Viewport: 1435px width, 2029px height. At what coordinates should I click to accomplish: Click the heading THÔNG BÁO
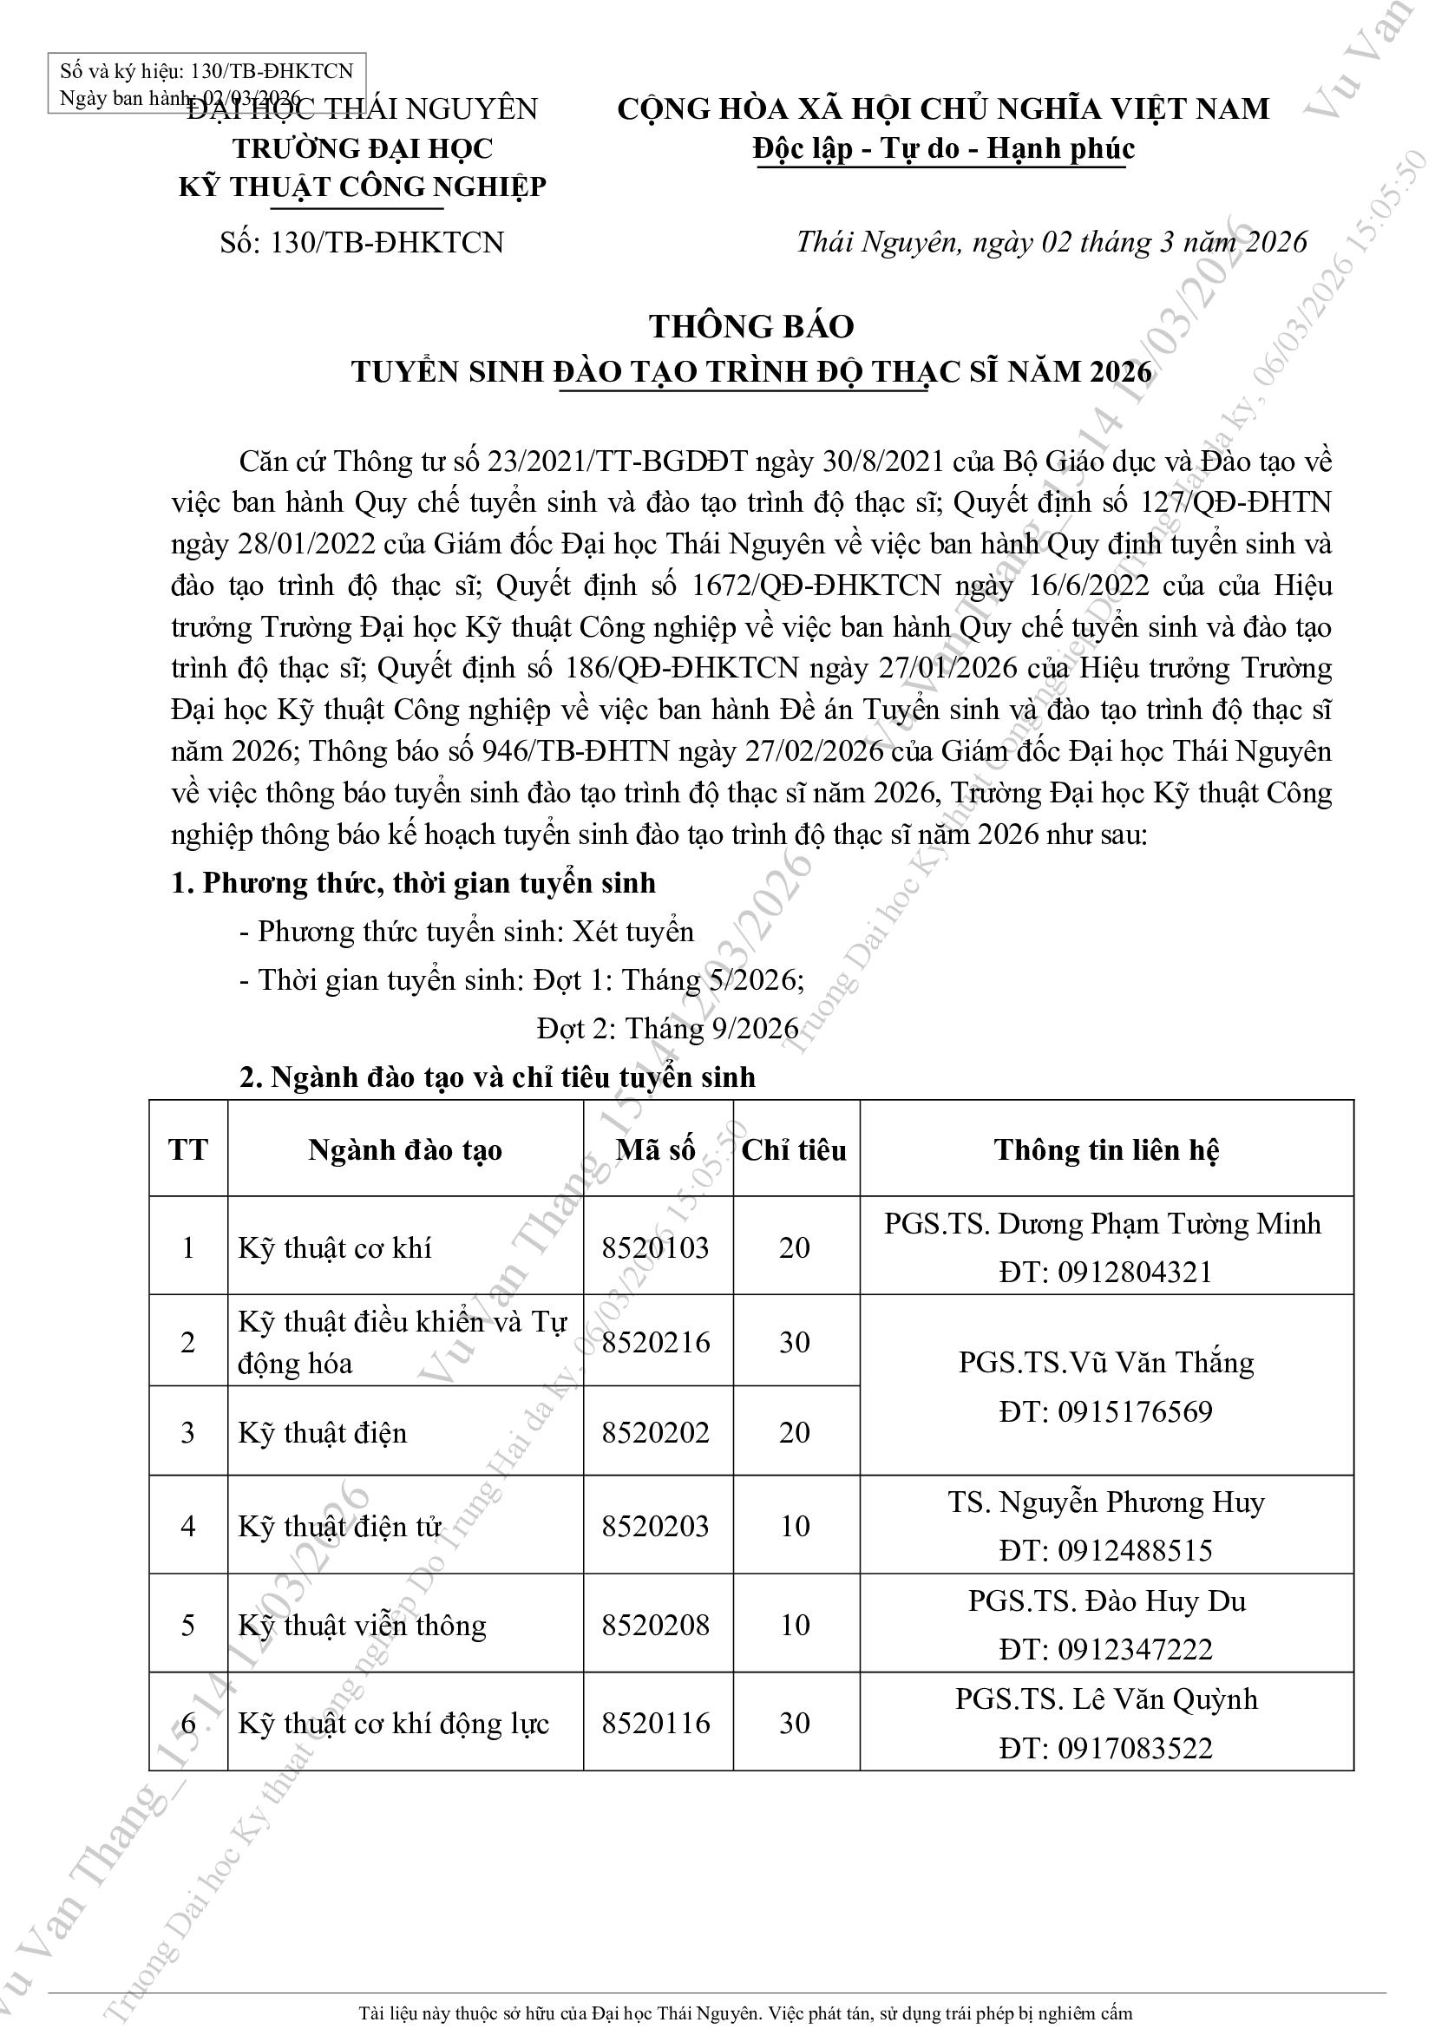click(752, 327)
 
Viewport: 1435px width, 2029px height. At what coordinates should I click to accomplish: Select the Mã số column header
click(655, 1149)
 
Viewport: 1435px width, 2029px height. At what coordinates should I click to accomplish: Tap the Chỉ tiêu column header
click(795, 1149)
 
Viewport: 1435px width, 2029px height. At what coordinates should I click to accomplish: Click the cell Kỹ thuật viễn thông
click(363, 1625)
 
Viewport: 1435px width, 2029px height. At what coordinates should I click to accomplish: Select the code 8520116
click(655, 1724)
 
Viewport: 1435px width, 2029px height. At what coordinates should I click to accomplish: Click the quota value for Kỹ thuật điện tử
click(796, 1526)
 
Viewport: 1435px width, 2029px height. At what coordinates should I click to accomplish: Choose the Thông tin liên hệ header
click(1106, 1149)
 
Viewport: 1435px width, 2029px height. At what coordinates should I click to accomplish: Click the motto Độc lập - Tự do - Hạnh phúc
click(943, 148)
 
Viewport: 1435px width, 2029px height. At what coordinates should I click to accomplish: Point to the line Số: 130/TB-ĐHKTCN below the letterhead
click(363, 242)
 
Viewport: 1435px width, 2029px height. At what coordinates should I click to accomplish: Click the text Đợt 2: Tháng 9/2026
click(667, 1029)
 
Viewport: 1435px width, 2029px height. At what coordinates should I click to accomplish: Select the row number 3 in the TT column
click(187, 1431)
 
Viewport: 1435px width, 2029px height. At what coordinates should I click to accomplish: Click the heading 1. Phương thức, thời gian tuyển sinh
click(414, 883)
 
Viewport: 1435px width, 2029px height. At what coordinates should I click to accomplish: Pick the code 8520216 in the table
click(655, 1342)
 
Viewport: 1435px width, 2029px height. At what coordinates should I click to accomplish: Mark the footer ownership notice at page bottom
click(745, 2014)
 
